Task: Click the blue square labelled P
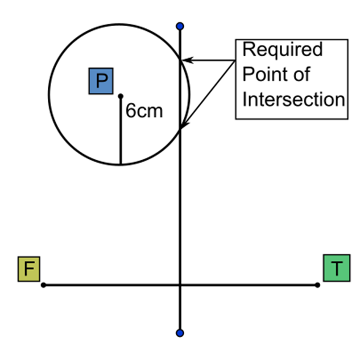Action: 101,81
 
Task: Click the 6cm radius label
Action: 144,111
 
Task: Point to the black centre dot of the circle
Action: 120,96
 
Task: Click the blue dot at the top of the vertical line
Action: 180,26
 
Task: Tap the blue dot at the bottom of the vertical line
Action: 180,333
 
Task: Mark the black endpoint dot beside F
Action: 43,284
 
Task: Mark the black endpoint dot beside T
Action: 317,284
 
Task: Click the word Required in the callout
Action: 282,50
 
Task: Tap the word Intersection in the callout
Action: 293,99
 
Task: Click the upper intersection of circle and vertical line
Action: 180,59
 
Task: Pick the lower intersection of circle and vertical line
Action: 180,130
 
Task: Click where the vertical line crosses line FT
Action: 180,284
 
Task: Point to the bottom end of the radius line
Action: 120,164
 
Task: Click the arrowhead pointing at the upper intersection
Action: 187,59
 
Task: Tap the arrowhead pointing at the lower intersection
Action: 184,126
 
